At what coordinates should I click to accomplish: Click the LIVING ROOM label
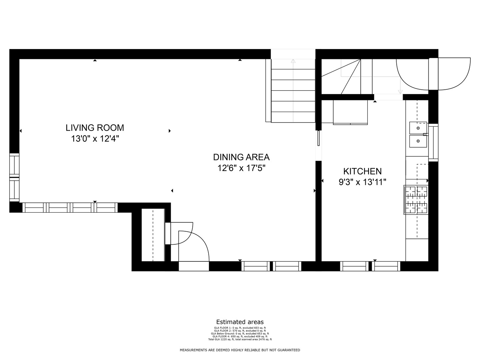tap(95, 128)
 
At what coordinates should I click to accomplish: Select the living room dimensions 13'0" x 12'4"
tap(95, 139)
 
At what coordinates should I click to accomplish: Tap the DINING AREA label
tap(241, 157)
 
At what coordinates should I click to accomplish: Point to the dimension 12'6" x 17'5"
tap(241, 168)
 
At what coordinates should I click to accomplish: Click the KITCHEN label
tap(362, 171)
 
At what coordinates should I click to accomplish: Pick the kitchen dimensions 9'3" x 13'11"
tap(362, 182)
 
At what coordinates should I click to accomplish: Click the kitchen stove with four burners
tap(416, 200)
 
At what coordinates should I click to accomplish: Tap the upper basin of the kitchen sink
tap(418, 128)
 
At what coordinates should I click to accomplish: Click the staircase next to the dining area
tap(293, 90)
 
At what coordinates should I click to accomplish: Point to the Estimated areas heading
tap(240, 322)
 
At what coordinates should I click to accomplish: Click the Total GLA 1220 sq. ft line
tap(240, 339)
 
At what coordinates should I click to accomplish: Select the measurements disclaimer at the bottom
tap(240, 350)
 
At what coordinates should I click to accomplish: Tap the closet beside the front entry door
tap(153, 235)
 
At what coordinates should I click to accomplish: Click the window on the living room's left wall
tap(14, 177)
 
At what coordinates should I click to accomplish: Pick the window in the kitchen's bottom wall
tap(370, 266)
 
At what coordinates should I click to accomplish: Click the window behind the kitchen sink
tap(433, 142)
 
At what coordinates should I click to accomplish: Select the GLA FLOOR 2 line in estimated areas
tap(240, 331)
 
